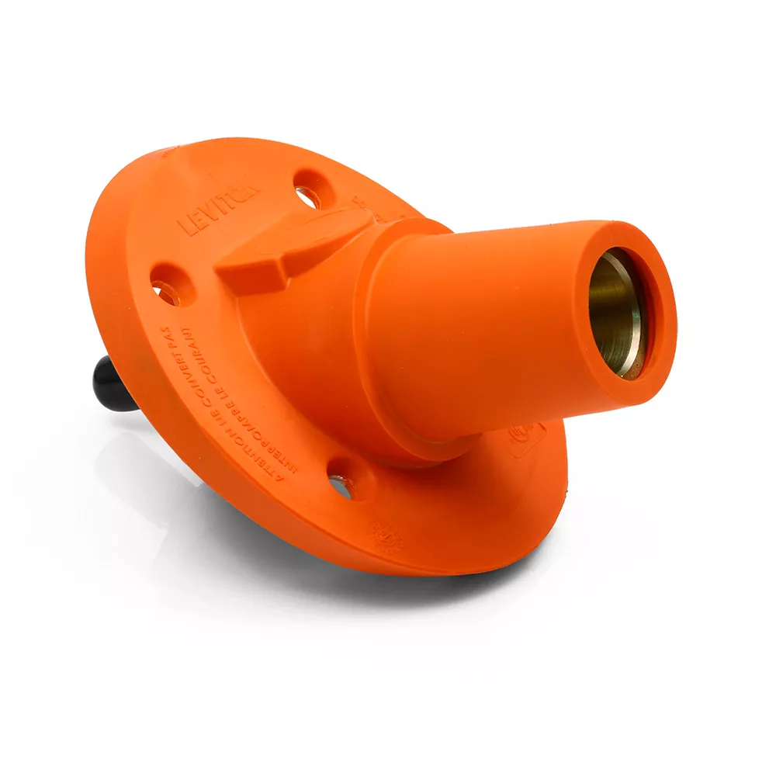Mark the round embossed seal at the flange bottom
(x=384, y=535)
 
